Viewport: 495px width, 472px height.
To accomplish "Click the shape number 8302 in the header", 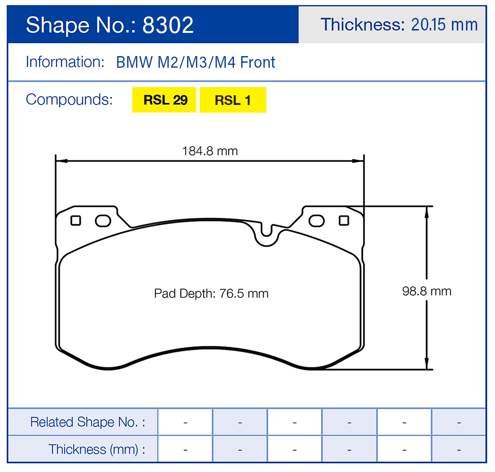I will (x=168, y=25).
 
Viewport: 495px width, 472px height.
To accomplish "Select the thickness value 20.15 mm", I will (x=444, y=25).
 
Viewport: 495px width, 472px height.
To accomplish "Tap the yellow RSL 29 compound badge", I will (x=164, y=100).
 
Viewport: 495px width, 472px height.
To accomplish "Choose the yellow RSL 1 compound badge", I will (x=233, y=100).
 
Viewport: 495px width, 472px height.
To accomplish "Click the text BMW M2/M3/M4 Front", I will (x=196, y=62).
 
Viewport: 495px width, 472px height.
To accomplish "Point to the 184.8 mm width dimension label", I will (x=210, y=151).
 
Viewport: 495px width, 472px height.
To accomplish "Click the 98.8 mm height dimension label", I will (x=427, y=291).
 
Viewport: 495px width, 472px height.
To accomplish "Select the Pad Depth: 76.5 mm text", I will (x=211, y=294).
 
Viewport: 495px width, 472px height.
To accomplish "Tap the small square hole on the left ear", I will (x=75, y=221).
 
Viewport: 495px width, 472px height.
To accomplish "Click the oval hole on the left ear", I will (x=103, y=221).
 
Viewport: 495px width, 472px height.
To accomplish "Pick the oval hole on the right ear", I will (x=317, y=221).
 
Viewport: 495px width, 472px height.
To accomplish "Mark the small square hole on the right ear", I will (x=344, y=221).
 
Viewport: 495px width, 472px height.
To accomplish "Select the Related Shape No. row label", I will (x=87, y=422).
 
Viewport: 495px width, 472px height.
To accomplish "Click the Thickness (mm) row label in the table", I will (x=97, y=449).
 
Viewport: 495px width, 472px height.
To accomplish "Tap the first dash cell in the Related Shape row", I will (x=185, y=422).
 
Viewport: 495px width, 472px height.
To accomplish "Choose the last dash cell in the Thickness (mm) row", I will (x=458, y=449).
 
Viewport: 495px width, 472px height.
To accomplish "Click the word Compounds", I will (x=69, y=100).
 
